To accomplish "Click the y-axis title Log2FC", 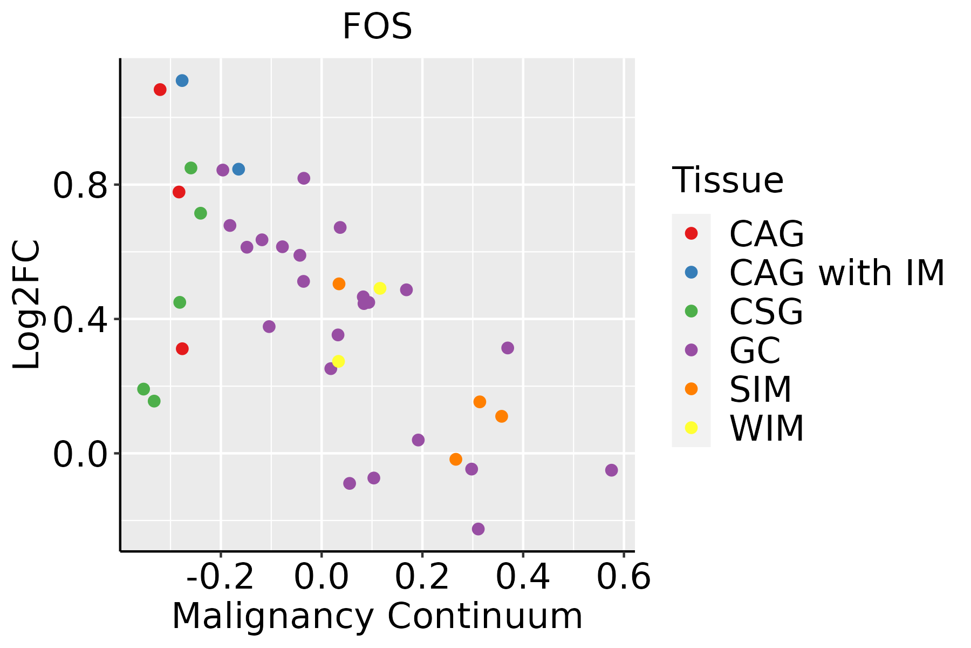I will pyautogui.click(x=27, y=305).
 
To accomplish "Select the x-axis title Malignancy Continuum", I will pyautogui.click(x=377, y=616).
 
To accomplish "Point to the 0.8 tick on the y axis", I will pyautogui.click(x=79, y=185).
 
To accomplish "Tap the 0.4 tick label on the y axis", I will pyautogui.click(x=79, y=319).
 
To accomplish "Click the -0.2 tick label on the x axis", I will pyautogui.click(x=220, y=577).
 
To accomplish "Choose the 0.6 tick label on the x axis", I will pyautogui.click(x=624, y=577).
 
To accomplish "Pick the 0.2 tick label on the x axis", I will pyautogui.click(x=422, y=577).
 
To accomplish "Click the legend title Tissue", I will pyautogui.click(x=728, y=180).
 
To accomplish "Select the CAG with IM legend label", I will pyautogui.click(x=837, y=273).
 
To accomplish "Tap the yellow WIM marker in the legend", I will pyautogui.click(x=691, y=428).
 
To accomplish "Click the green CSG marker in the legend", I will pyautogui.click(x=691, y=311).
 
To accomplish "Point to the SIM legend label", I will pyautogui.click(x=761, y=389).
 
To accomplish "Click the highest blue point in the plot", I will pyautogui.click(x=182, y=80).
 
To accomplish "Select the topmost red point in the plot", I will pyautogui.click(x=160, y=90).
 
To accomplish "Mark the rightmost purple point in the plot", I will pyautogui.click(x=611, y=470).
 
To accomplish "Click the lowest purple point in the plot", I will pyautogui.click(x=478, y=529).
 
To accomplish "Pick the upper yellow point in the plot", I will pyautogui.click(x=380, y=288).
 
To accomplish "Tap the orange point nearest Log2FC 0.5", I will pyautogui.click(x=339, y=284).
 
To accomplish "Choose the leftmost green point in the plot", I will pyautogui.click(x=143, y=389).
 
